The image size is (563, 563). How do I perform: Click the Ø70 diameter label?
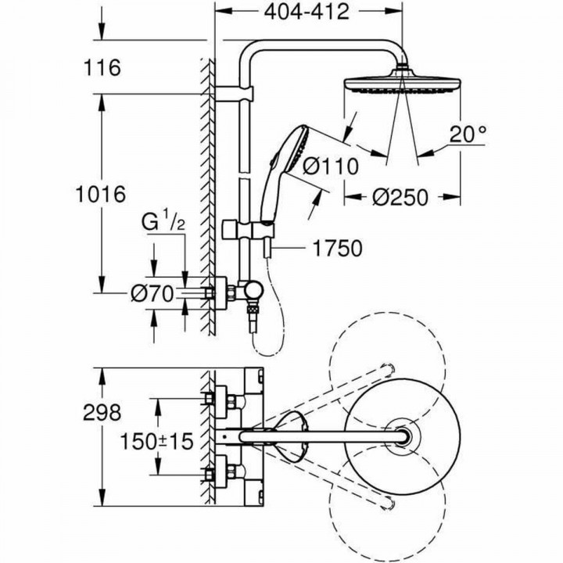coord(150,294)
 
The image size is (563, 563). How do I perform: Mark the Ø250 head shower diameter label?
coord(401,198)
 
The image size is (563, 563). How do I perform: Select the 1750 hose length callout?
coord(338,249)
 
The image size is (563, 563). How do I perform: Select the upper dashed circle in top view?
coord(386,372)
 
